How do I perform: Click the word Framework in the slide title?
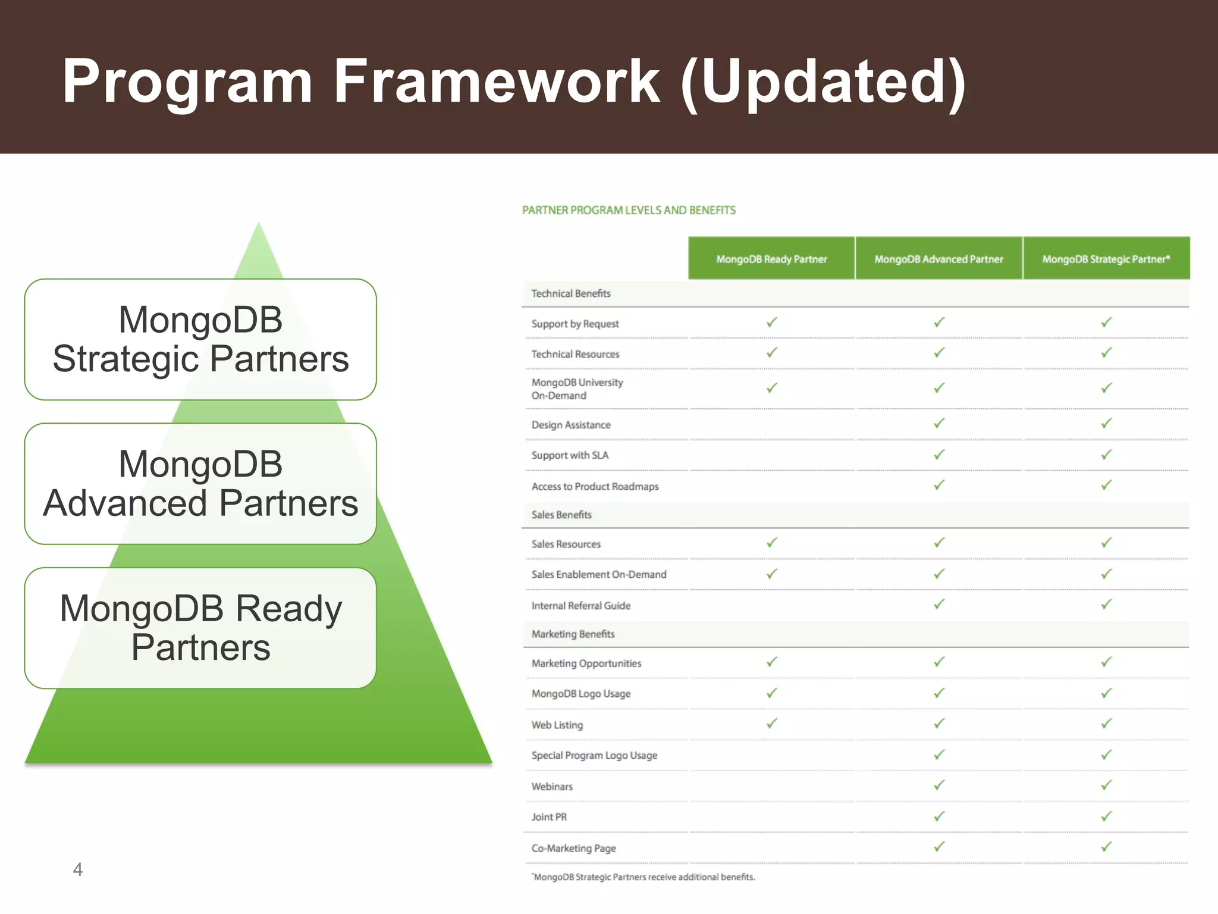(x=497, y=82)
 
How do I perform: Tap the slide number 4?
(x=77, y=869)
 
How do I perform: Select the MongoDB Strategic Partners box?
(x=200, y=339)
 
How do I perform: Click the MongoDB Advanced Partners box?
(x=200, y=483)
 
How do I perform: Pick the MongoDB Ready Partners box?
(x=200, y=628)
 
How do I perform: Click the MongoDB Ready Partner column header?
(x=771, y=259)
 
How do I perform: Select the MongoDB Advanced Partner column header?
(x=938, y=259)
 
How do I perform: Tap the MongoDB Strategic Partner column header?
(x=1106, y=259)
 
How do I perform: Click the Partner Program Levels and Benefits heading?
(x=629, y=210)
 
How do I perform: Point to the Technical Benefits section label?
(x=571, y=293)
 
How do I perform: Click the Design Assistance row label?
(x=571, y=425)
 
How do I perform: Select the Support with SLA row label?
(x=570, y=455)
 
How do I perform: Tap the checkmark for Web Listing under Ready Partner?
(x=772, y=724)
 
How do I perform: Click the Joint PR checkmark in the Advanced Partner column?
(x=939, y=816)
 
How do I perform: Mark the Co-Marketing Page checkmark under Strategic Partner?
(x=1106, y=847)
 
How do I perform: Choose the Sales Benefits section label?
(x=561, y=515)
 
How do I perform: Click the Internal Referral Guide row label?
(x=581, y=606)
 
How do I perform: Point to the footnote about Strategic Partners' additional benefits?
(x=643, y=877)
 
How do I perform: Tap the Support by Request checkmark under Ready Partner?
(x=772, y=323)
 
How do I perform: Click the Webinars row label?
(x=552, y=787)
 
